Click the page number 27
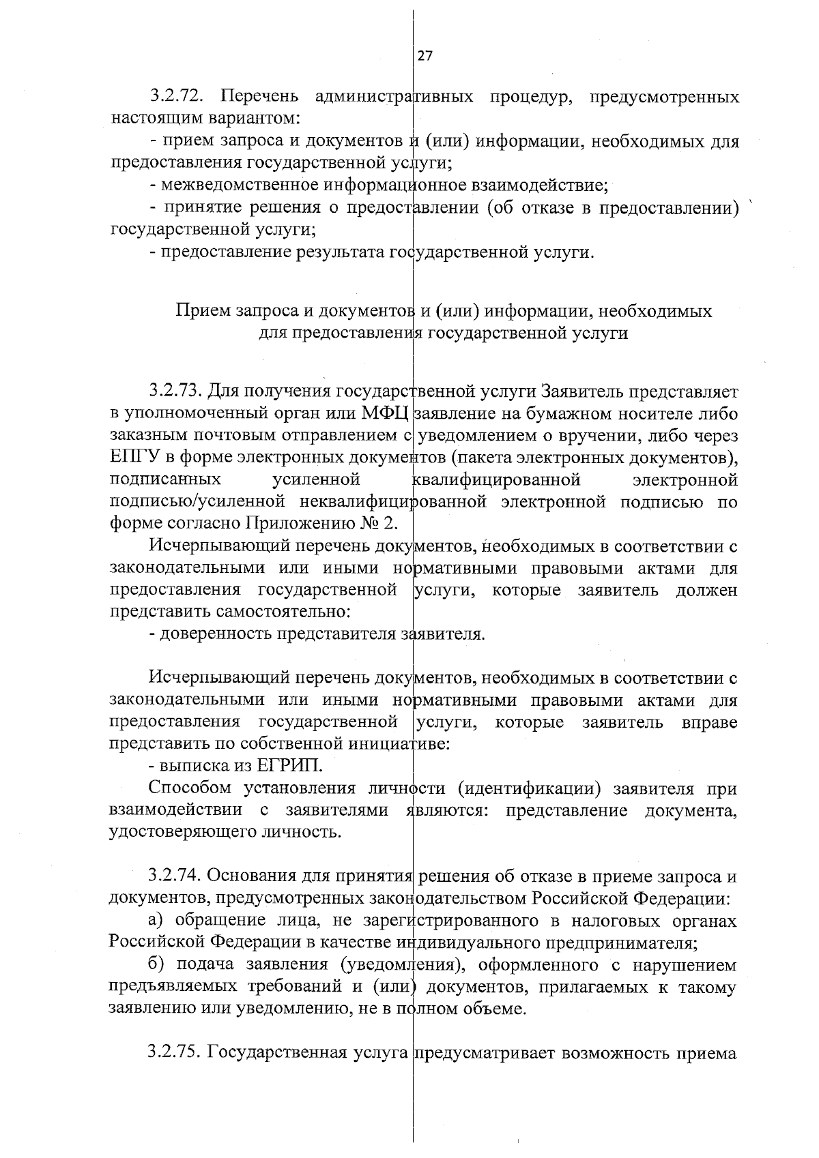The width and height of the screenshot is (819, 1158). tap(425, 57)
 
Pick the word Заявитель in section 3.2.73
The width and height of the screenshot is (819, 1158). tap(580, 391)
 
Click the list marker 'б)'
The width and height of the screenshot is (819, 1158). tap(157, 966)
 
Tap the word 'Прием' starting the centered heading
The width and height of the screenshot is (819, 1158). tap(202, 312)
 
